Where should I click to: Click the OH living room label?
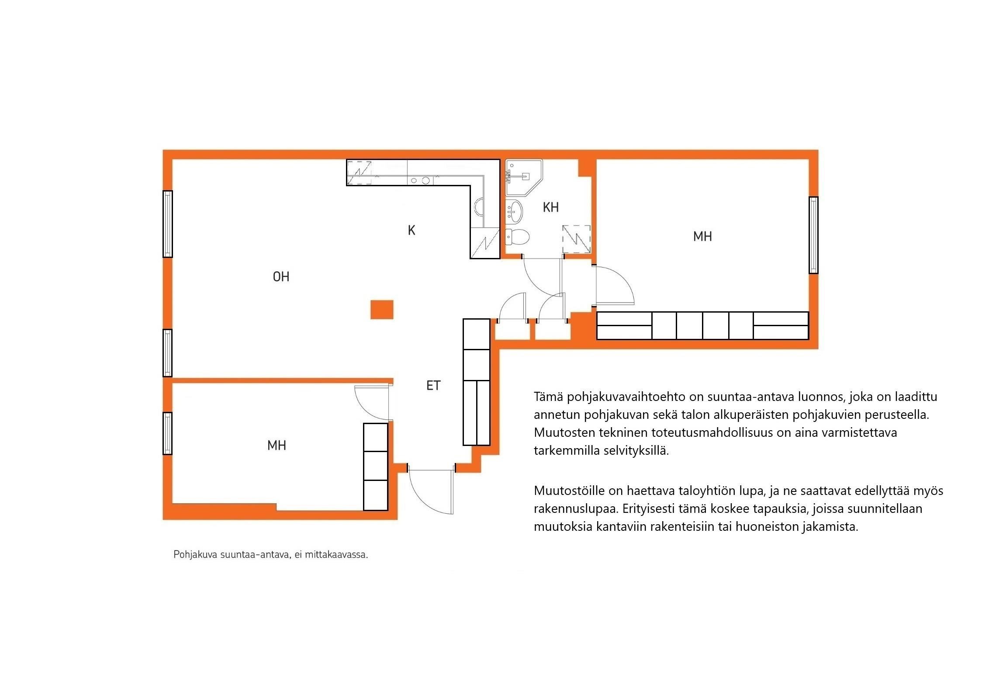click(x=281, y=277)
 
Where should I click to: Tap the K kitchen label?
click(x=411, y=230)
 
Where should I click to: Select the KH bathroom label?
click(x=550, y=207)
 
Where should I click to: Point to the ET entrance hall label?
click(x=433, y=386)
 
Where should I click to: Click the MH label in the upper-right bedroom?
click(x=702, y=237)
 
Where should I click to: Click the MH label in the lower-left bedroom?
click(x=277, y=446)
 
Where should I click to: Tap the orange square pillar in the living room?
click(x=382, y=310)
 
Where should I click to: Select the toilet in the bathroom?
click(x=517, y=237)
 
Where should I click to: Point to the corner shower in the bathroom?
click(x=522, y=177)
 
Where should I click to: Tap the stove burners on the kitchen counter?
click(x=114, y=180)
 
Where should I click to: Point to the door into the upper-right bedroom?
click(x=615, y=285)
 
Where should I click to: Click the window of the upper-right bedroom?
click(x=813, y=235)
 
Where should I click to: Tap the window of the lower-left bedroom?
click(x=167, y=433)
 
